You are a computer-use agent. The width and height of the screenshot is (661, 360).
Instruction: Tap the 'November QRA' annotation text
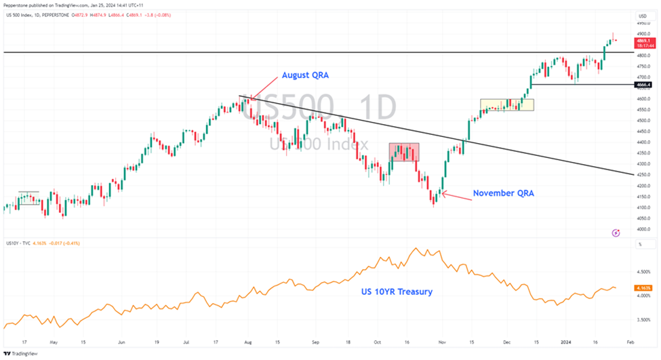(504, 193)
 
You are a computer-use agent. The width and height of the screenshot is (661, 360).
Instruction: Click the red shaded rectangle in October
(403, 152)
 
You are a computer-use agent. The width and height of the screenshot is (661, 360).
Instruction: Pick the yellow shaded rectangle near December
(506, 105)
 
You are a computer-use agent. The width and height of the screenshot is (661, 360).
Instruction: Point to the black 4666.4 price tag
(643, 85)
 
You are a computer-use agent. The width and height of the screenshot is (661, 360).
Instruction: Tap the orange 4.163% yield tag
(643, 287)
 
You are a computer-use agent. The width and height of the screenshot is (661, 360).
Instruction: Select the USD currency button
(642, 16)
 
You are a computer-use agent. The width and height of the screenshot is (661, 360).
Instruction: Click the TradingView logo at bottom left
(20, 353)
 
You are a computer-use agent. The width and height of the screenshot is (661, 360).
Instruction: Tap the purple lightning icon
(616, 233)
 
